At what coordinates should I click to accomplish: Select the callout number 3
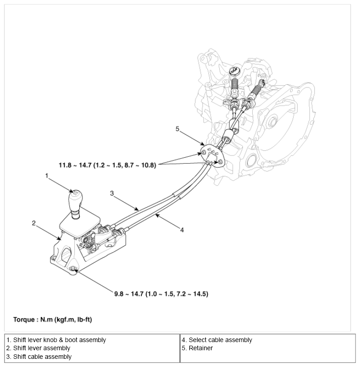(112, 193)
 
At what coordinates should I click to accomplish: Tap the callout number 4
(182, 230)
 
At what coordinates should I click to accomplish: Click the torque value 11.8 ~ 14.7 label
(107, 166)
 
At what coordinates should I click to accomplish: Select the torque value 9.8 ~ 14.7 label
(161, 294)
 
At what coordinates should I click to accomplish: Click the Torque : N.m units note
(53, 320)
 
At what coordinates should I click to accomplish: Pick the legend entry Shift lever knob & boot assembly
(56, 340)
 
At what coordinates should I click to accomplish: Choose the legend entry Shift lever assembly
(38, 348)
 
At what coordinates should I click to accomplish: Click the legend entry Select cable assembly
(217, 340)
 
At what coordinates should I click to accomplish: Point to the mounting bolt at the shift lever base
(72, 270)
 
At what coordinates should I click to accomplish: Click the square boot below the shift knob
(80, 222)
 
